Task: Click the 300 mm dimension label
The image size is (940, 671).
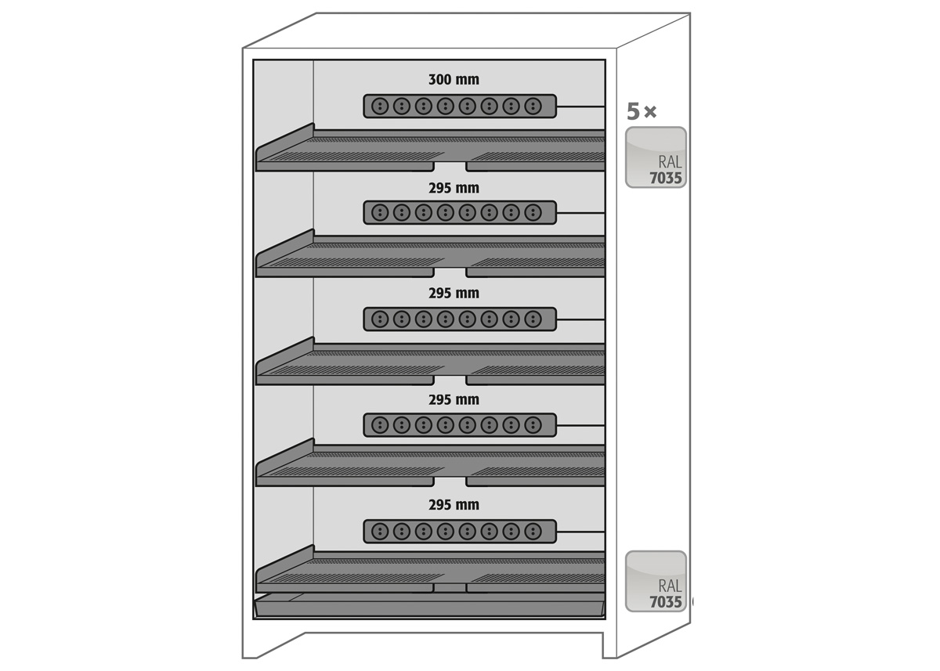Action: tap(454, 80)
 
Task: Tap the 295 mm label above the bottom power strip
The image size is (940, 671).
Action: tap(454, 505)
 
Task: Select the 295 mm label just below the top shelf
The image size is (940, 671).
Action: tap(454, 188)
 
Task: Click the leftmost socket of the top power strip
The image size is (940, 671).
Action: tap(380, 106)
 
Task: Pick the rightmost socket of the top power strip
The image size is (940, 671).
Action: tap(533, 106)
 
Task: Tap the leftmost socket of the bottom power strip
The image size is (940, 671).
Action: tap(380, 532)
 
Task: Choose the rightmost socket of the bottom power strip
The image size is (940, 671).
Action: tap(533, 532)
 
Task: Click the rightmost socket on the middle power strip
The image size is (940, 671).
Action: tap(533, 319)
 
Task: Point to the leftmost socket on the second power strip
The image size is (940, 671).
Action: tap(380, 213)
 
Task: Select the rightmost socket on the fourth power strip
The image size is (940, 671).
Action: tap(533, 425)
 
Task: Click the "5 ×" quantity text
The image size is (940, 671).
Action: tap(642, 111)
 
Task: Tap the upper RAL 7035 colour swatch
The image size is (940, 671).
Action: tap(656, 157)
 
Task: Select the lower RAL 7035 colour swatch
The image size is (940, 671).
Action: tap(656, 581)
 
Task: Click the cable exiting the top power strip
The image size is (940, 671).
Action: tap(580, 106)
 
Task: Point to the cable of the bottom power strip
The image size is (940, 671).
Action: tap(580, 532)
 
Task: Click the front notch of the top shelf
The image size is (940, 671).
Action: tap(450, 168)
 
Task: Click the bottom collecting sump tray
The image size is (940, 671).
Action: tap(429, 605)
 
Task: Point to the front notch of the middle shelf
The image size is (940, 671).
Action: tap(450, 381)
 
